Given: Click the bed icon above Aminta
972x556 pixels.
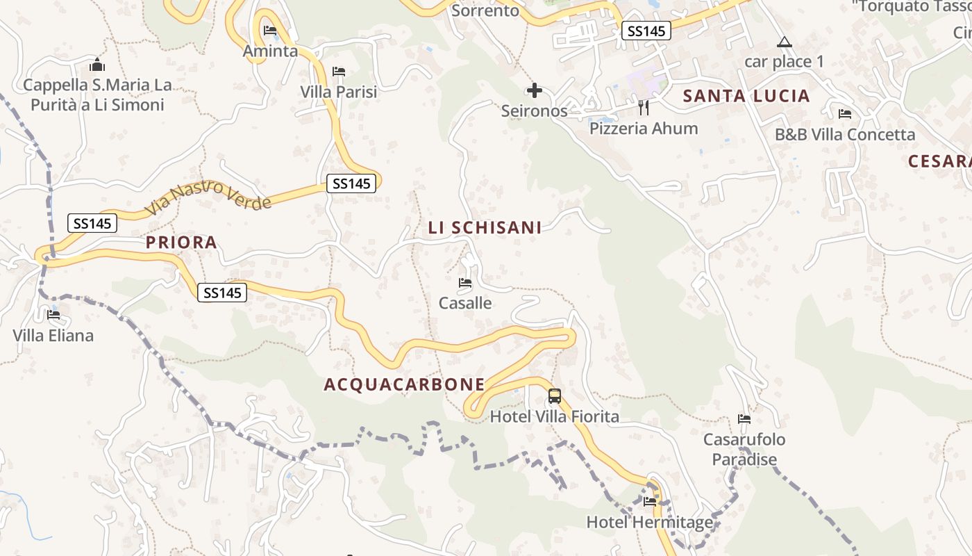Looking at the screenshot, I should click(270, 31).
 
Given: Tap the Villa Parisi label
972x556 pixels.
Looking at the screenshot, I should click(339, 92).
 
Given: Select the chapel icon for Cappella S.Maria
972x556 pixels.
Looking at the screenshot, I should click(97, 65).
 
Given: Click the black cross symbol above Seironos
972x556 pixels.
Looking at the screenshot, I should click(535, 90).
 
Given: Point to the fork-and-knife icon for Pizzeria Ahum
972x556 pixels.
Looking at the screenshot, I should click(644, 107).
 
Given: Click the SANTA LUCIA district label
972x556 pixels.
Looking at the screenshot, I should click(746, 96).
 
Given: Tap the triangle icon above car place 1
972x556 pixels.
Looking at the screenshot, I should click(785, 42).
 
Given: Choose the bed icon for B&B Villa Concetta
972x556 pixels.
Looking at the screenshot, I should click(845, 114).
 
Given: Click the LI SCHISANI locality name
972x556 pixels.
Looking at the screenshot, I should click(485, 227).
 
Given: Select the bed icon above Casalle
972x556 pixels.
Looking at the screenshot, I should click(465, 283).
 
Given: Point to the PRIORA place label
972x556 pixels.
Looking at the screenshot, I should click(181, 243).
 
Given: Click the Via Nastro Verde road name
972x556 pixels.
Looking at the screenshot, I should click(208, 197).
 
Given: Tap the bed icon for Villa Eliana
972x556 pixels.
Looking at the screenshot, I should click(53, 315).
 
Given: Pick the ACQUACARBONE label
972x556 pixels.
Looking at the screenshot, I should click(405, 384).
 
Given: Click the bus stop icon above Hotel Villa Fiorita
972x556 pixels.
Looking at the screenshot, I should click(554, 396).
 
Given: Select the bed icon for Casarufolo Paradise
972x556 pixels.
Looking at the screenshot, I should click(744, 419).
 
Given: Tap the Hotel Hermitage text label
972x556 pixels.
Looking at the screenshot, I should click(650, 522).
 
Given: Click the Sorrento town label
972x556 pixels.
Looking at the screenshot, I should click(485, 10).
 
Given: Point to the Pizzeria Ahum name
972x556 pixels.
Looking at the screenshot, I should click(644, 129).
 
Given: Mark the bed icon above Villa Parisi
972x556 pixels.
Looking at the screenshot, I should click(339, 72).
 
